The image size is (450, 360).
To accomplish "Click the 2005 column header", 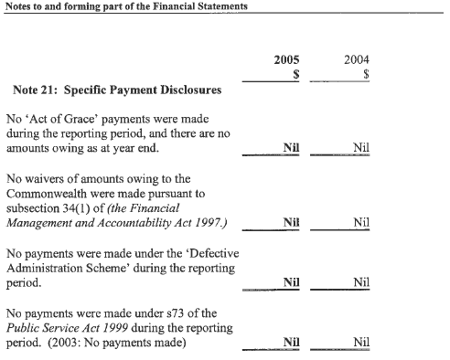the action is [x=286, y=60].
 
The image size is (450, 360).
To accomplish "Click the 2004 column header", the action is [x=357, y=60].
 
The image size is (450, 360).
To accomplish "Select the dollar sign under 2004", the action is [x=365, y=76].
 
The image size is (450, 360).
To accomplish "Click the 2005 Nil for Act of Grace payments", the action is [x=292, y=148].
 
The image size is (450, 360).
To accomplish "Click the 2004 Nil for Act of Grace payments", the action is [x=361, y=148].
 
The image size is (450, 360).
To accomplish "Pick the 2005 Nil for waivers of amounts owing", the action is [x=292, y=222].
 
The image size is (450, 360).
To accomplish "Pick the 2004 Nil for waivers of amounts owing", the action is [x=361, y=222].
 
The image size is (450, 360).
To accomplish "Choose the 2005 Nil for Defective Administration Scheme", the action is [x=292, y=282].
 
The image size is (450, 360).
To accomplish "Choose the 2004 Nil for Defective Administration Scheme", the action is [x=361, y=282].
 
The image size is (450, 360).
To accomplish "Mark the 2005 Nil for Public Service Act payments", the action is [x=292, y=343].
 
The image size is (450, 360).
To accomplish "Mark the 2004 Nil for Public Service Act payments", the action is [x=361, y=343].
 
